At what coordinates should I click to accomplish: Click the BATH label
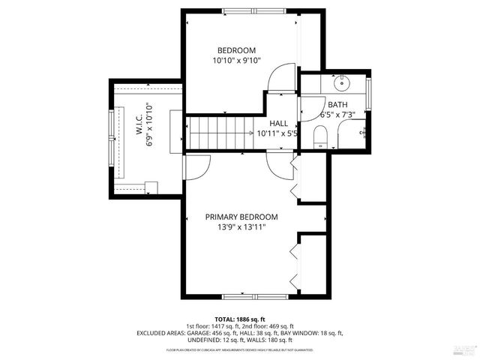tap(337, 105)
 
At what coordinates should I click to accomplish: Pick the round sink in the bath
tap(342, 81)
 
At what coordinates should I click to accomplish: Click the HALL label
tap(279, 124)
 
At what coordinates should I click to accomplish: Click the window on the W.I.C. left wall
tap(113, 135)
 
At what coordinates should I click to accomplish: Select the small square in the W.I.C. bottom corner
tap(151, 187)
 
